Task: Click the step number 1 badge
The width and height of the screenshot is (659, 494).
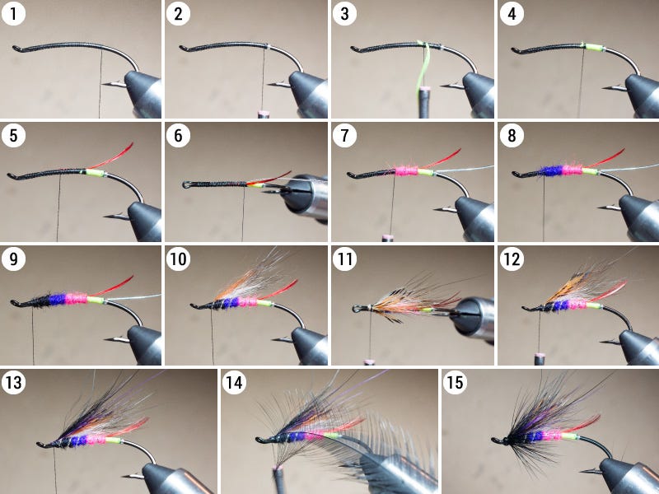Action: click(x=13, y=13)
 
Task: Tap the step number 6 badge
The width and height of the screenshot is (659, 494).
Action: click(x=178, y=136)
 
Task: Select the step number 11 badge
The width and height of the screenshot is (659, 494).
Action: click(x=344, y=259)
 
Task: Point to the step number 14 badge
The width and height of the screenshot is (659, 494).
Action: click(x=234, y=383)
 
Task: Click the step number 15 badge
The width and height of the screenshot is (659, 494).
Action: click(x=456, y=383)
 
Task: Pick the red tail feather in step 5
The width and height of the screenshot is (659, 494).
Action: click(x=111, y=157)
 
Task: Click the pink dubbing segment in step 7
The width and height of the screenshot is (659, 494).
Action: click(x=406, y=170)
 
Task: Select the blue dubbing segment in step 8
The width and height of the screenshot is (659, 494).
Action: click(x=550, y=170)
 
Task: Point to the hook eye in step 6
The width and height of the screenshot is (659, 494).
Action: click(x=186, y=184)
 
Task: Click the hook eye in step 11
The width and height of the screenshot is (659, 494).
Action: click(x=356, y=309)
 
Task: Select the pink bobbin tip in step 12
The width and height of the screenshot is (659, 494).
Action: click(x=540, y=357)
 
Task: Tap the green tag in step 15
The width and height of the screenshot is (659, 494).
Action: click(x=568, y=436)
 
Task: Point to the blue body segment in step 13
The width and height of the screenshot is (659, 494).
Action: click(x=78, y=440)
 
